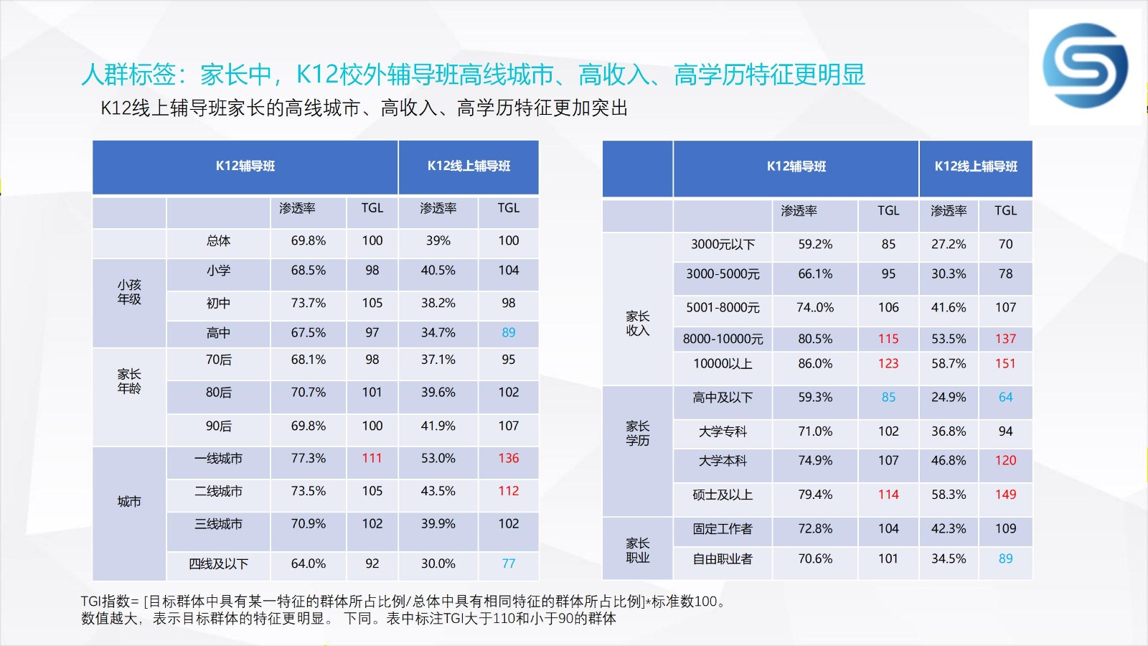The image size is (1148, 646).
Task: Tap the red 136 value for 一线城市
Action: pyautogui.click(x=509, y=459)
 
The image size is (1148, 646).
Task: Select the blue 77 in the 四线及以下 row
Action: pyautogui.click(x=509, y=564)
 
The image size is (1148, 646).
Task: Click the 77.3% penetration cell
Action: pyautogui.click(x=308, y=459)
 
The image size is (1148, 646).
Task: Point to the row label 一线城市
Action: pyautogui.click(x=218, y=459)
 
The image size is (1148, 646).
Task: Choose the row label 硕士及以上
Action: pyautogui.click(x=723, y=495)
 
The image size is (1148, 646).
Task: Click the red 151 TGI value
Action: pyautogui.click(x=1005, y=364)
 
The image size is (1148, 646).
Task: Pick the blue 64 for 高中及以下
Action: pyautogui.click(x=1005, y=398)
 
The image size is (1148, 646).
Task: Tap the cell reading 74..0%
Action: pyautogui.click(x=815, y=308)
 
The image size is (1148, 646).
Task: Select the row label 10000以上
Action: pyautogui.click(x=723, y=364)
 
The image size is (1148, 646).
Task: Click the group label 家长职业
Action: pyautogui.click(x=638, y=551)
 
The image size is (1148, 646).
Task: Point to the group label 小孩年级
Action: pyautogui.click(x=129, y=292)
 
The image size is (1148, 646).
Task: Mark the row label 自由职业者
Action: pyautogui.click(x=723, y=559)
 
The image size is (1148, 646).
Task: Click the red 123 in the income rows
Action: pyautogui.click(x=888, y=364)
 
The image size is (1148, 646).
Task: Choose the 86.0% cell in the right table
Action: pyautogui.click(x=815, y=364)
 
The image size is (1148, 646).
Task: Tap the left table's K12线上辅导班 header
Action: pyautogui.click(x=469, y=166)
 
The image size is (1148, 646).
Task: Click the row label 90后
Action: pyautogui.click(x=218, y=426)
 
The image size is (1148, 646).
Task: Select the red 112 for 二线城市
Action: pyautogui.click(x=509, y=491)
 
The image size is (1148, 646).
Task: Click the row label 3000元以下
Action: pyautogui.click(x=723, y=245)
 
